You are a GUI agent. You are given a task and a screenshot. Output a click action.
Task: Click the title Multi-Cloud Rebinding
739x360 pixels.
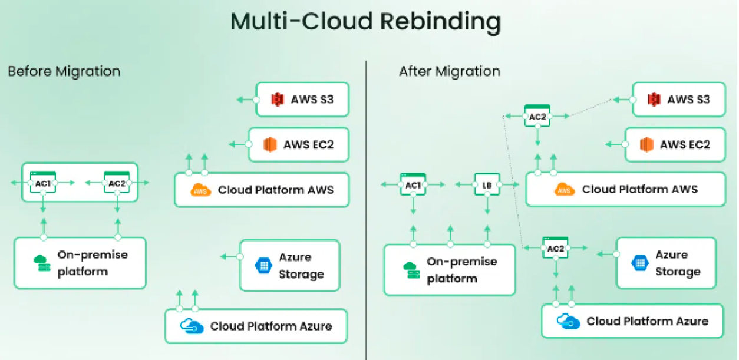click(365, 21)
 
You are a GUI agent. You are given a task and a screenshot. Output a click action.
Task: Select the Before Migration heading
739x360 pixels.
click(64, 71)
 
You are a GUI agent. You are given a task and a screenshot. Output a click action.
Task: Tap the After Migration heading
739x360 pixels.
click(449, 71)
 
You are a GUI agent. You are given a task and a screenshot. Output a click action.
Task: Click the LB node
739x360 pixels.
click(487, 185)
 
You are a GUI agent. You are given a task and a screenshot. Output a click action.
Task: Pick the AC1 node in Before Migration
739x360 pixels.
click(43, 183)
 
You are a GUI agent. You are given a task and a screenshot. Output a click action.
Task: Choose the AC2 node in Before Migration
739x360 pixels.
click(117, 183)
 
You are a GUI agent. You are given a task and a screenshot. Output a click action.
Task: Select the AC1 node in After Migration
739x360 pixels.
click(413, 185)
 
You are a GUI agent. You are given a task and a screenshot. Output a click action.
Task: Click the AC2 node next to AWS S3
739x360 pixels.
click(537, 116)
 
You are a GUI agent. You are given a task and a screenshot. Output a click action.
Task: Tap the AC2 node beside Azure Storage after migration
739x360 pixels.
click(555, 248)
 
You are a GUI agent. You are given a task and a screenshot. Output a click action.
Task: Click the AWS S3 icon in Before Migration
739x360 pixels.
click(277, 100)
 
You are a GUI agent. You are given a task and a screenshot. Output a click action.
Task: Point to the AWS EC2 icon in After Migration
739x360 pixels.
click(646, 145)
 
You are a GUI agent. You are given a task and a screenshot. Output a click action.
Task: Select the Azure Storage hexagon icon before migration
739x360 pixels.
click(263, 265)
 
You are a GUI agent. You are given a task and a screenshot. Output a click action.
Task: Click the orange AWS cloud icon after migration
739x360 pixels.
click(565, 190)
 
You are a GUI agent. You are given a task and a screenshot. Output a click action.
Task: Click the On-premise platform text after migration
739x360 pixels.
click(461, 270)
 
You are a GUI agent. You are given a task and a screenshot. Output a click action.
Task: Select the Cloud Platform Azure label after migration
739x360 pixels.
click(646, 321)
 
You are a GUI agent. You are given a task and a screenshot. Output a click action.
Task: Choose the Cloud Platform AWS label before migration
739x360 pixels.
click(275, 190)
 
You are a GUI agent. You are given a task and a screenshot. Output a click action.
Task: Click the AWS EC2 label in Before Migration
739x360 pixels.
click(308, 144)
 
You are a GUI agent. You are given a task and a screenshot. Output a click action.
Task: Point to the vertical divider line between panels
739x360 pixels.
click(366, 206)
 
